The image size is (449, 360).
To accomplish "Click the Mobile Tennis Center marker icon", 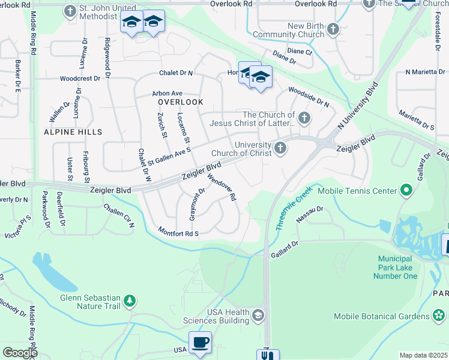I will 406,191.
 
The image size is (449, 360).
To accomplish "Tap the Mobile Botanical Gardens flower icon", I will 439,316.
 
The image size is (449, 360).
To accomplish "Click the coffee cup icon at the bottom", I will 200,343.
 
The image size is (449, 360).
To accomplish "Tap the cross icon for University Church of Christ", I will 280,148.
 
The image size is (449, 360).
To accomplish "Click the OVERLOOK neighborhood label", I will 181,102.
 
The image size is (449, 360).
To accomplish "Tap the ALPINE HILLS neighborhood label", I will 73,131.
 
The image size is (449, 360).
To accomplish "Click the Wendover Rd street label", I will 222,187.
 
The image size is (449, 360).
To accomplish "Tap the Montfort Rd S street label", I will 178,232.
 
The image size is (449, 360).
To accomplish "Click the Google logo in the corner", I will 20,353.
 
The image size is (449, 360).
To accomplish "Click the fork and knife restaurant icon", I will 268,355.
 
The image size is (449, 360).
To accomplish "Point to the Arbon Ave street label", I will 167,94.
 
